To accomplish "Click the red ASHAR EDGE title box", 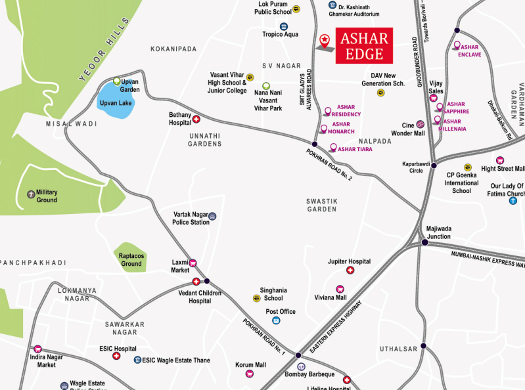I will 365,45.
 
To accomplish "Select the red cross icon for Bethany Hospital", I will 196,119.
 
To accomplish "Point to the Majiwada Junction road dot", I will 425,243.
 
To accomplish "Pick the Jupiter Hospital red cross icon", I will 350,271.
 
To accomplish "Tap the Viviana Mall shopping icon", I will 340,289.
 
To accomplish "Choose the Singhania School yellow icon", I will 256,298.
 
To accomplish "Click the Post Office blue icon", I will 276,320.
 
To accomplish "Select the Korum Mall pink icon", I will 250,374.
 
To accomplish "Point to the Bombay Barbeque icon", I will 301,366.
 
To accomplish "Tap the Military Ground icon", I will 30,194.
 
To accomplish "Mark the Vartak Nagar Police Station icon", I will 212,216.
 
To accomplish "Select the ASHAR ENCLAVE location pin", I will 457,46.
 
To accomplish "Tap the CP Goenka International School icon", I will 468,167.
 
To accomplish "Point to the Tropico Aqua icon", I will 284,26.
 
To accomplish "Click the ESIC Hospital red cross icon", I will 116,356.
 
